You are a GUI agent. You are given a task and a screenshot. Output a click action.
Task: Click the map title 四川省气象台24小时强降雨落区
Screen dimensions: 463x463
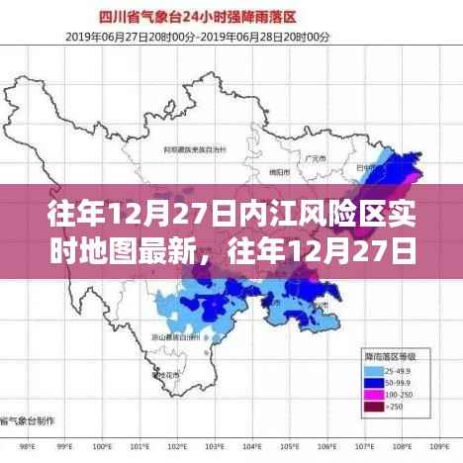tap(231, 17)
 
